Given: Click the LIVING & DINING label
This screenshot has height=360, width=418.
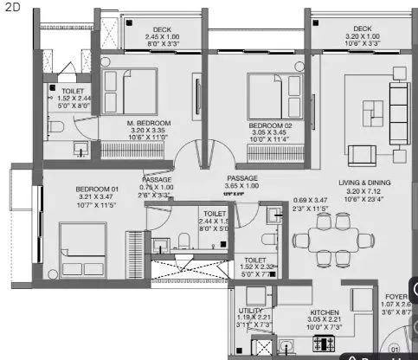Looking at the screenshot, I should [x=363, y=183].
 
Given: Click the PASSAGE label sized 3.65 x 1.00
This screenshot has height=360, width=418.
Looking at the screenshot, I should [x=242, y=178].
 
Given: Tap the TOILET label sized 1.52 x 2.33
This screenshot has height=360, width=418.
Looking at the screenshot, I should [x=254, y=260].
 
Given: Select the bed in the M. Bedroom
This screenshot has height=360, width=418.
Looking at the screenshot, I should [x=125, y=90].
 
